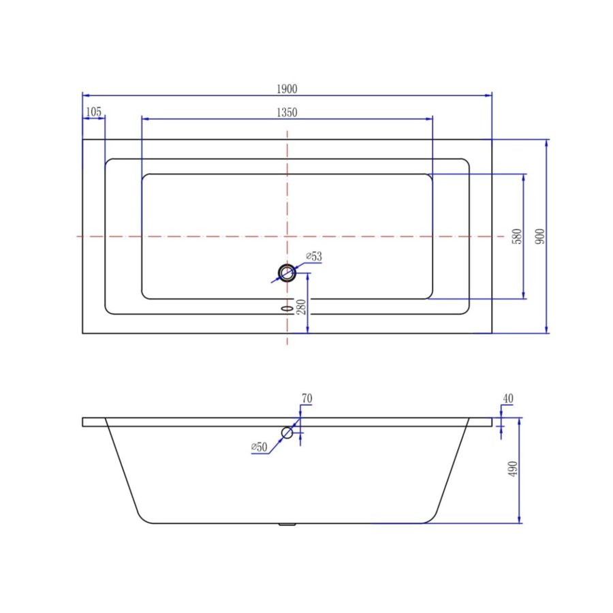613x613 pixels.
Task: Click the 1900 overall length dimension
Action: click(287, 89)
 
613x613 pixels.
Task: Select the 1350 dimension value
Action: click(287, 112)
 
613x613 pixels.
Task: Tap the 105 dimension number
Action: click(94, 112)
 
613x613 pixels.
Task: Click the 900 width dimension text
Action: click(540, 236)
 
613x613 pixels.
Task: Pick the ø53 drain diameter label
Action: click(313, 257)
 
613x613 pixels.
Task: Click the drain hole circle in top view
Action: click(287, 273)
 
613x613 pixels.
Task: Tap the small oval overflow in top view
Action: click(287, 307)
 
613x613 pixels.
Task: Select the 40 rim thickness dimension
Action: click(507, 398)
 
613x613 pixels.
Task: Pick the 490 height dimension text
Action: click(513, 470)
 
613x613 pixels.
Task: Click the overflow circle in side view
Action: click(287, 433)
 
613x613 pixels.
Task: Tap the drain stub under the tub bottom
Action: click(287, 525)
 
